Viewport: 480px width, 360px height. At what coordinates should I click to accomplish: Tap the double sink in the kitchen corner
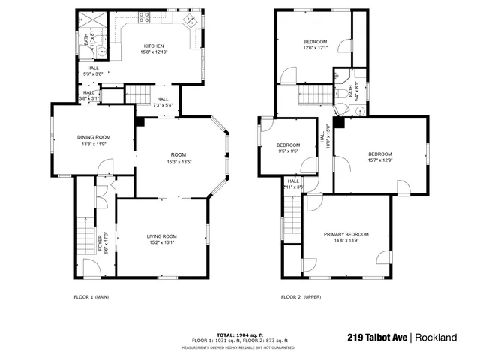point(192,21)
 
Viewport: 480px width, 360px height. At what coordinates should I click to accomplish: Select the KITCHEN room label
point(154,46)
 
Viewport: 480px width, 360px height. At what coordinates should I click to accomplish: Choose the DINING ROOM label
point(94,137)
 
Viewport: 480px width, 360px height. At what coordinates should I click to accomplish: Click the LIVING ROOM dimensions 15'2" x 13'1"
point(162,242)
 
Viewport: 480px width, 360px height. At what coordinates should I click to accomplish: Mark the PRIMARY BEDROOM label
point(346,234)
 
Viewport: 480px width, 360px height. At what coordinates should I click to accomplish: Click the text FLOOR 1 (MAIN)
point(91,297)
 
